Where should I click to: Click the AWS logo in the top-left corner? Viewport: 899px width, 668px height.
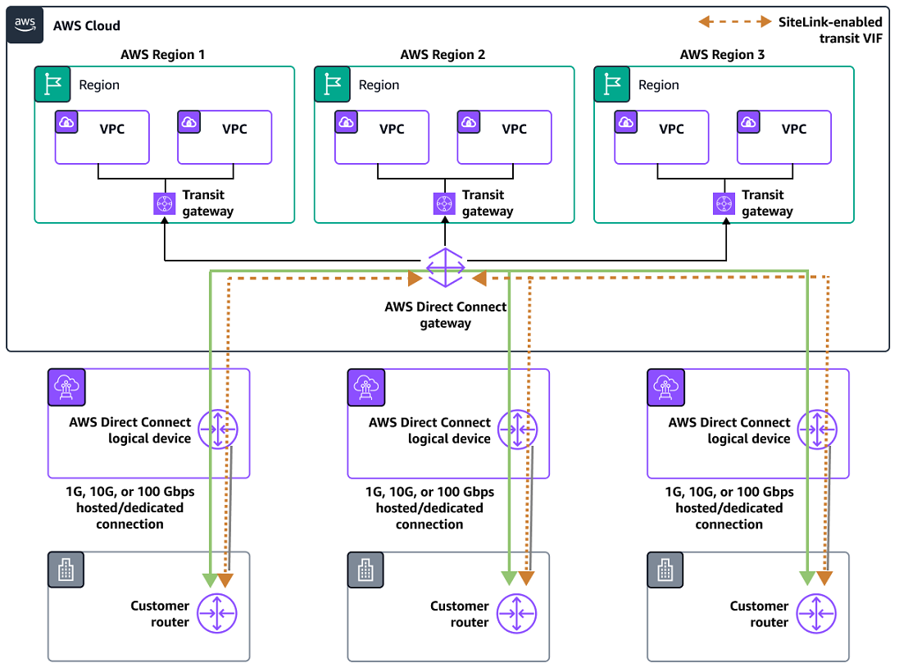tap(25, 25)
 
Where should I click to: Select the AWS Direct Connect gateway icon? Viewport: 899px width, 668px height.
tap(446, 268)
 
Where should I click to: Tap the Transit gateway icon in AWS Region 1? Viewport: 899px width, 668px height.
tap(166, 203)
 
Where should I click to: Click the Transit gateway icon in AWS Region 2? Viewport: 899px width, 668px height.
tap(445, 203)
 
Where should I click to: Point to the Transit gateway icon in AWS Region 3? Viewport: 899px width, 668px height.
tap(724, 203)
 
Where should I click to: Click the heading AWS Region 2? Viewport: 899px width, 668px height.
tap(443, 55)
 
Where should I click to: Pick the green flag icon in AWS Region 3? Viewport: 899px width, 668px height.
tap(611, 84)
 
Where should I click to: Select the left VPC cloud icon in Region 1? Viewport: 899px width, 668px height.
tap(66, 122)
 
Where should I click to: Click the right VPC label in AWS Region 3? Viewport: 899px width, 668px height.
tap(794, 129)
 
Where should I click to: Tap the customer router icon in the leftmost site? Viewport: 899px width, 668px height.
tap(217, 613)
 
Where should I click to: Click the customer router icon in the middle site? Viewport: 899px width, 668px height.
tap(517, 613)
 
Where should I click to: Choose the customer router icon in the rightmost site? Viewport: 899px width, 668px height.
tap(817, 613)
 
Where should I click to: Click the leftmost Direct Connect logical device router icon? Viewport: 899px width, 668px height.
tap(218, 429)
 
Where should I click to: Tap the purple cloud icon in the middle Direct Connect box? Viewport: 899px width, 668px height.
tap(364, 385)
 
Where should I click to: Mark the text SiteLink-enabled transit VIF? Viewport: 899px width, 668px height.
tap(829, 30)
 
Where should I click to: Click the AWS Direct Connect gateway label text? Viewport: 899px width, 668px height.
tap(446, 315)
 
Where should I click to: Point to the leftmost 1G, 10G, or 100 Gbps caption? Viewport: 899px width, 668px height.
tap(130, 508)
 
